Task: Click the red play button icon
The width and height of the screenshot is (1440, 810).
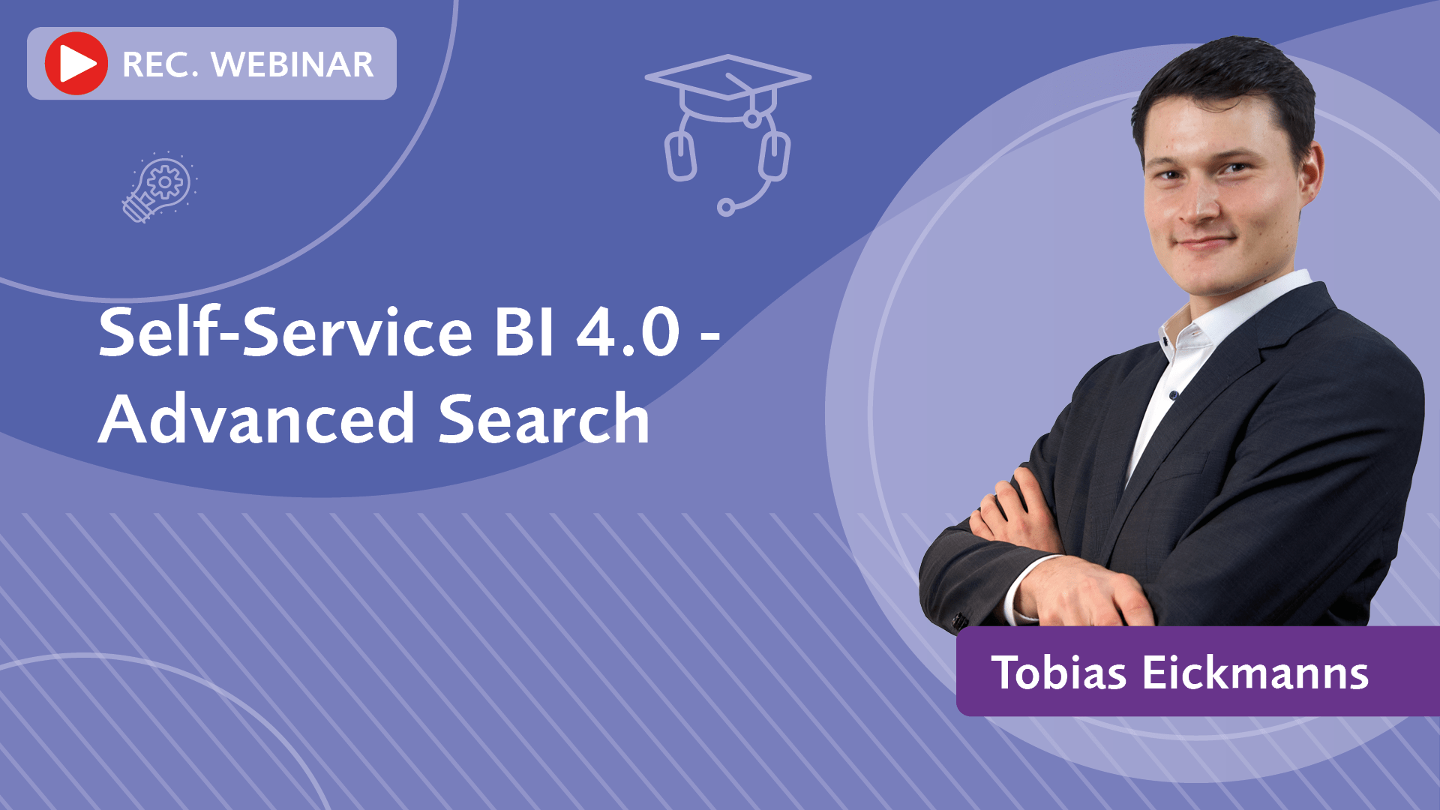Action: pos(76,64)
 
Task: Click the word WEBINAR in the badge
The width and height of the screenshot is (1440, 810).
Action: pos(292,64)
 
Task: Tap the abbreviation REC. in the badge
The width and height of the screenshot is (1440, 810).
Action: pos(160,64)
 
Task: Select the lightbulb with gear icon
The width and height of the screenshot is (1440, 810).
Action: pos(160,187)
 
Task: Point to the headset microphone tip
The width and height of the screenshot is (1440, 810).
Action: pos(726,207)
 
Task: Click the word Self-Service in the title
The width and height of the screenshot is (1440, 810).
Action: pos(286,331)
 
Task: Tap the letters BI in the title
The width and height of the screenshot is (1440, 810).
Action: pos(524,331)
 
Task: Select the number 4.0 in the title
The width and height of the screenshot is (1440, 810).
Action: pos(628,331)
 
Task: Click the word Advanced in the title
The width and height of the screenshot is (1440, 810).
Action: pos(256,418)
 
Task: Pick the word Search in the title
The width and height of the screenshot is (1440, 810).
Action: pos(544,418)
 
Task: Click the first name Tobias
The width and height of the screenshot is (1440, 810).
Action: pos(1059,672)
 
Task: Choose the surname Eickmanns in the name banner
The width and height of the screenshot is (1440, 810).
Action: pos(1255,672)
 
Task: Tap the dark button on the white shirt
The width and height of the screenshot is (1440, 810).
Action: pos(1174,394)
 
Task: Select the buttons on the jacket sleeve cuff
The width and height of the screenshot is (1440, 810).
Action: pos(959,619)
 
